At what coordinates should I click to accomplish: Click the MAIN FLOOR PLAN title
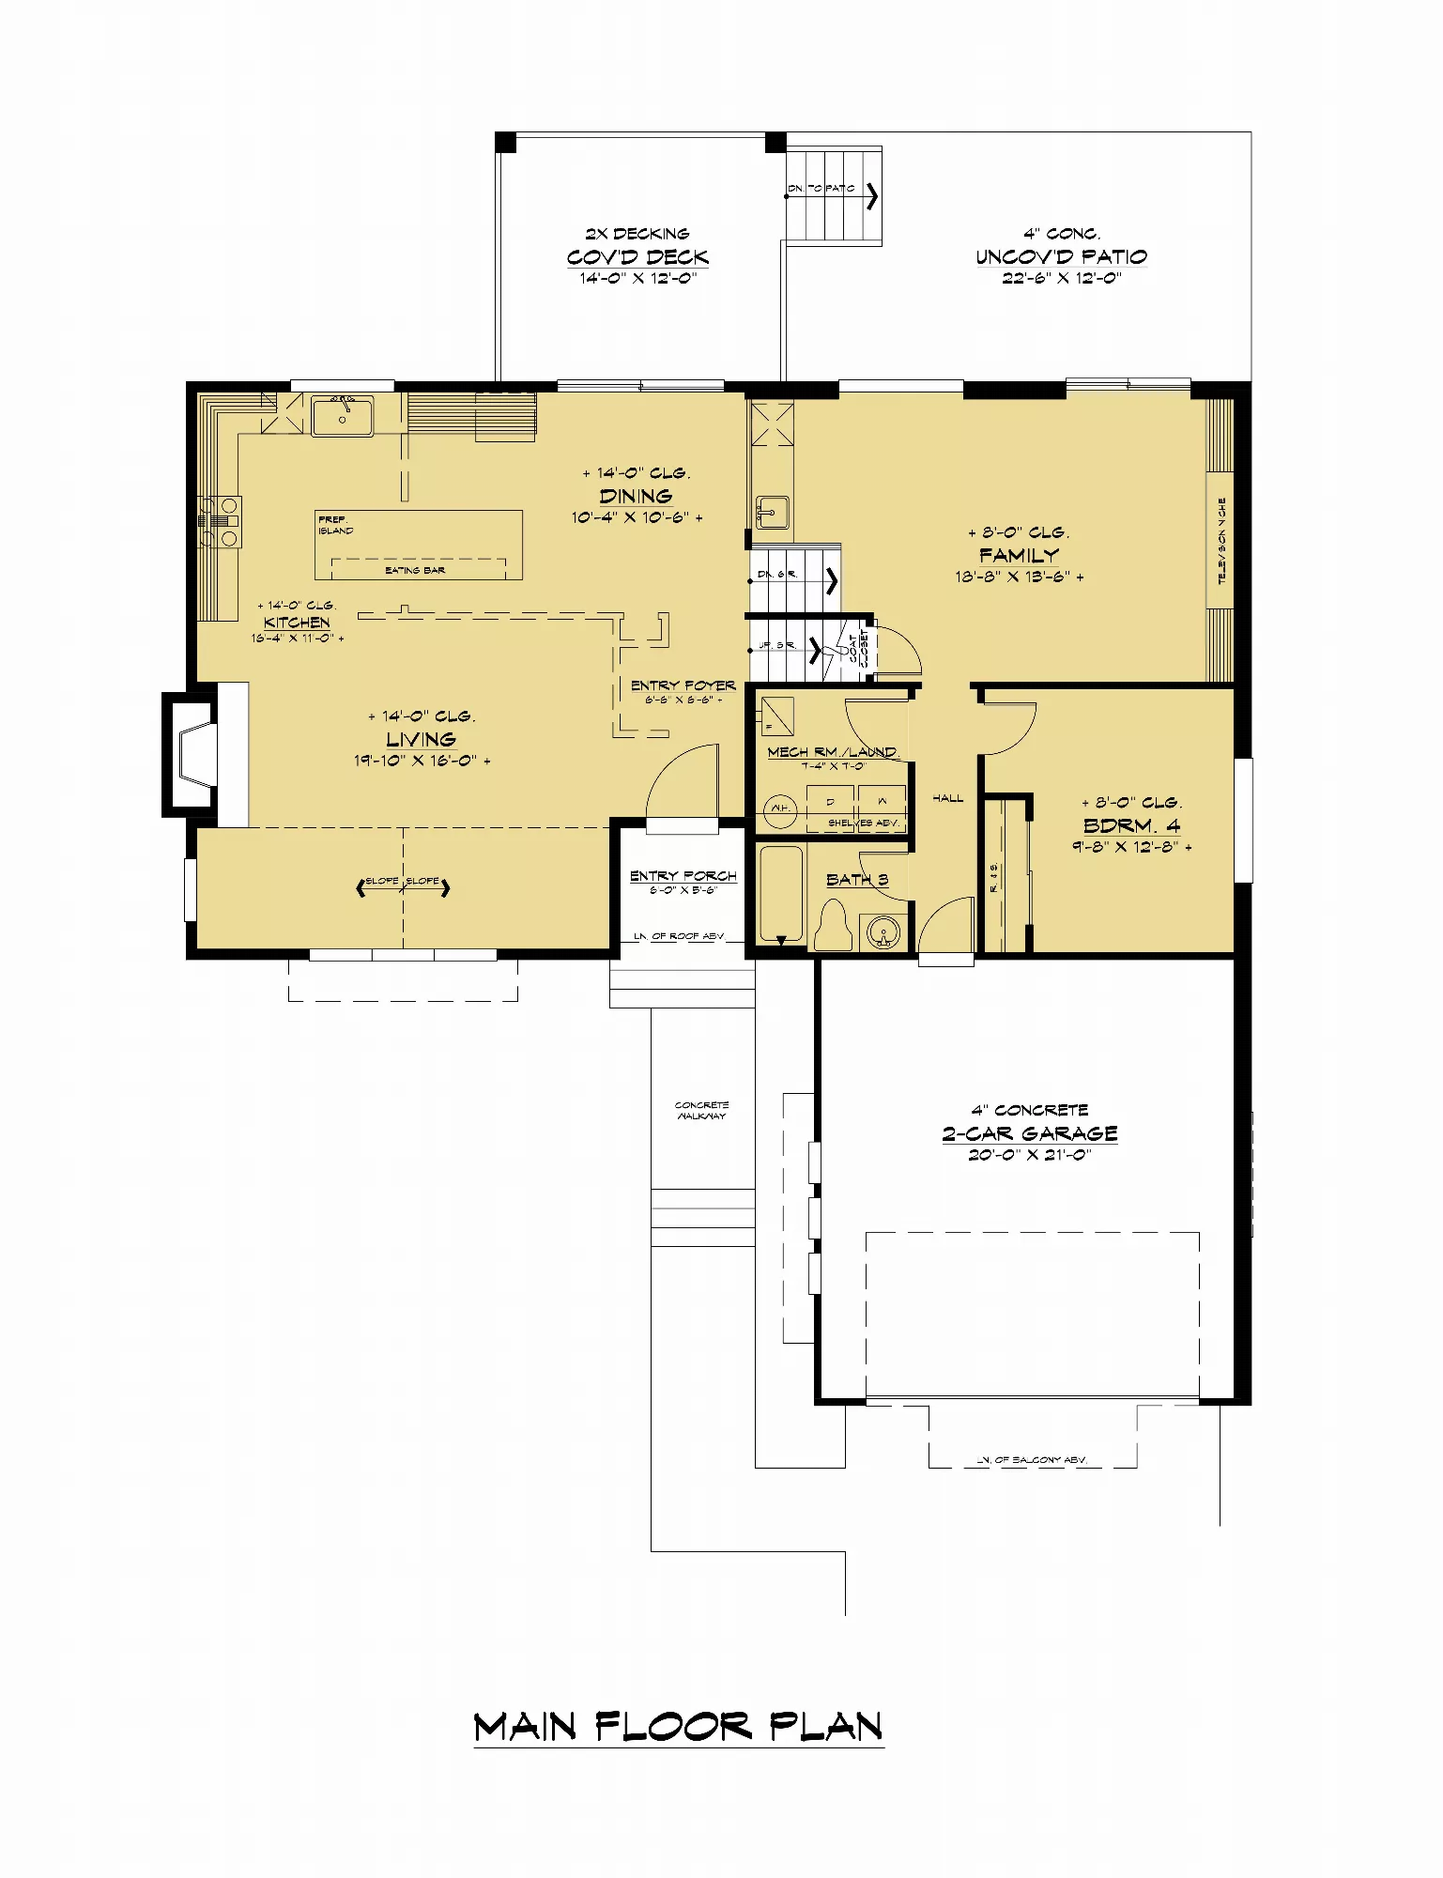pyautogui.click(x=678, y=1726)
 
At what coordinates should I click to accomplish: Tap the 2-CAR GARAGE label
pyautogui.click(x=1030, y=1133)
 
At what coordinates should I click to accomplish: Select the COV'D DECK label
pyautogui.click(x=637, y=257)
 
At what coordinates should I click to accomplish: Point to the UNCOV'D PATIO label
pyautogui.click(x=1061, y=257)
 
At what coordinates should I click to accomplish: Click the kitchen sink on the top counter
pyautogui.click(x=342, y=416)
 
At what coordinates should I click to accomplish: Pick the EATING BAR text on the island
pyautogui.click(x=415, y=570)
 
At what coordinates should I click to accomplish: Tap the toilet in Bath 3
pyautogui.click(x=833, y=924)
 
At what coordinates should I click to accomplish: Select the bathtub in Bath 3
pyautogui.click(x=780, y=894)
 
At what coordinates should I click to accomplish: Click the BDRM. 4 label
pyautogui.click(x=1131, y=825)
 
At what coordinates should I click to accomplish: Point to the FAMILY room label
pyautogui.click(x=1019, y=555)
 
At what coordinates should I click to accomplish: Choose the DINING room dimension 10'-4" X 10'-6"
pyautogui.click(x=637, y=517)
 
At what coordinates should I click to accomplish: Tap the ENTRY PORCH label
pyautogui.click(x=683, y=876)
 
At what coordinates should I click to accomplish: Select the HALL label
pyautogui.click(x=947, y=798)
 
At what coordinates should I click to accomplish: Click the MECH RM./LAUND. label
pyautogui.click(x=833, y=752)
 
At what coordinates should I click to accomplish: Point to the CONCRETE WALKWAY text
pyautogui.click(x=701, y=1110)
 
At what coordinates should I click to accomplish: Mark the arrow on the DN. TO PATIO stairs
pyautogui.click(x=872, y=195)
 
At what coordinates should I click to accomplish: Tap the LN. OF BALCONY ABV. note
pyautogui.click(x=1031, y=1460)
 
